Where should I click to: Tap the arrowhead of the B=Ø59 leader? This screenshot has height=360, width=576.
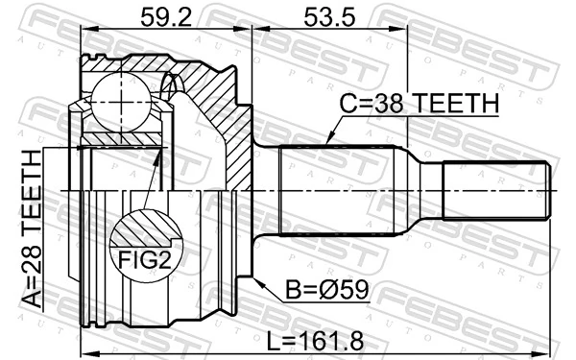coord(258,276)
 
